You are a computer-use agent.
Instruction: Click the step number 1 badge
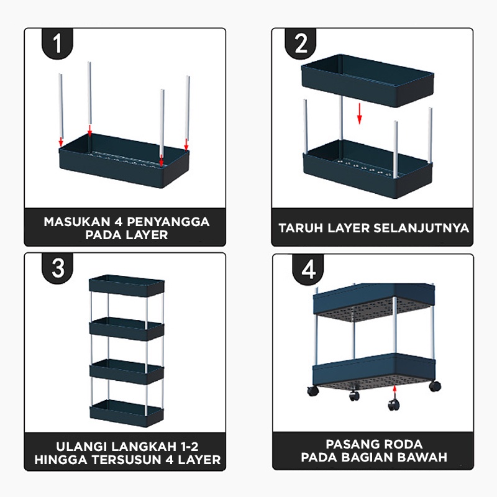click(x=58, y=44)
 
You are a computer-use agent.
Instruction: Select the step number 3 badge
click(x=58, y=269)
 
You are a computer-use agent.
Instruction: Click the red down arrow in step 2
click(x=358, y=114)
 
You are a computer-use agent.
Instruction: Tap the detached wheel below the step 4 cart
click(x=393, y=404)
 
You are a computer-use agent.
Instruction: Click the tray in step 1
click(x=124, y=166)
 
